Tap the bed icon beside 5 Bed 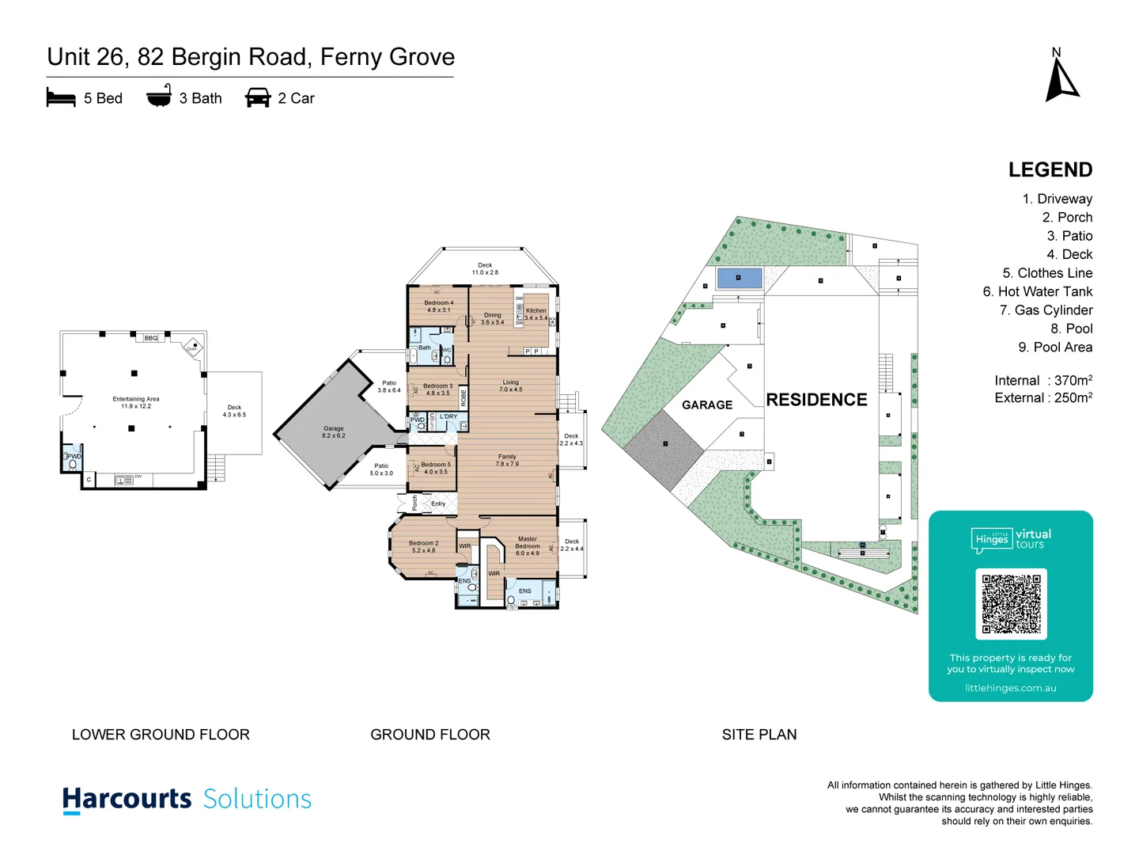[61, 98]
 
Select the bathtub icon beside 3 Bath [159, 97]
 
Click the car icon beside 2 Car [258, 98]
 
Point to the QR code [1011, 604]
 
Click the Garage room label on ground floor [334, 432]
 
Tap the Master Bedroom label [528, 546]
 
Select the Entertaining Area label [136, 402]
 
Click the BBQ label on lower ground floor [150, 338]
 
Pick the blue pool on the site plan [739, 278]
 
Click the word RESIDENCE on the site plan [816, 400]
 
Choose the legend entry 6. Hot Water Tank [1037, 291]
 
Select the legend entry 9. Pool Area [1054, 347]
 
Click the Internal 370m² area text [1043, 380]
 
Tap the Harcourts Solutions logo [187, 800]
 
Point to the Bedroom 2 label [423, 546]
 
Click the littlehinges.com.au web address [1010, 688]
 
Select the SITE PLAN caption [759, 735]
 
